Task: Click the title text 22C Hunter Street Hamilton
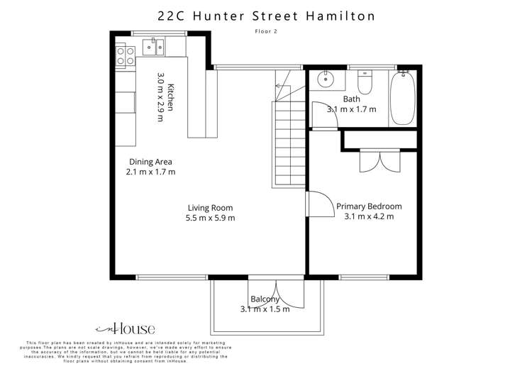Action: click(x=266, y=15)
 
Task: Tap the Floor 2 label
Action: click(x=266, y=31)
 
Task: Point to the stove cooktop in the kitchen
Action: click(x=126, y=55)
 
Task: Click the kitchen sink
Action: click(x=153, y=48)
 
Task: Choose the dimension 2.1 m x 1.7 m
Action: click(x=150, y=172)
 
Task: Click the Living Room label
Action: click(x=211, y=207)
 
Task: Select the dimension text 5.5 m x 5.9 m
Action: click(x=211, y=218)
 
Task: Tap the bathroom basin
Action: click(x=327, y=77)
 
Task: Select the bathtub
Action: click(x=404, y=98)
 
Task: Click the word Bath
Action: click(x=351, y=99)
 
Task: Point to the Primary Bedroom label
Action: click(x=369, y=206)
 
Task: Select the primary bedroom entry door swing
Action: click(x=321, y=205)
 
